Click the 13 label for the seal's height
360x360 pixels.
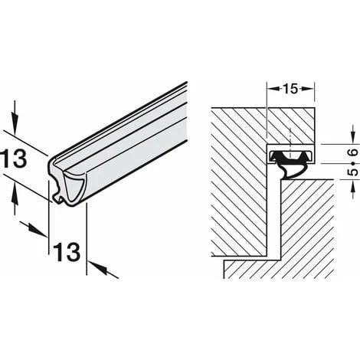click(18, 159)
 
